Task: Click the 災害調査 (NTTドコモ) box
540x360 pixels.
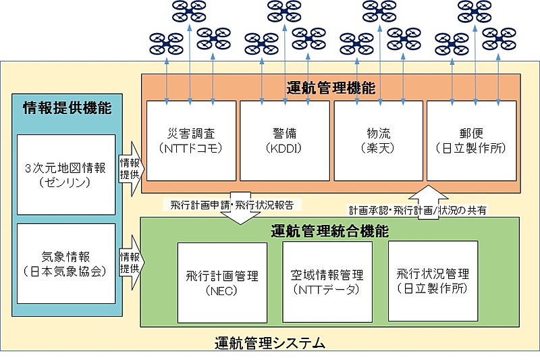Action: (190, 140)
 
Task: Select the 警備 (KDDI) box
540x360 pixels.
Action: (285, 140)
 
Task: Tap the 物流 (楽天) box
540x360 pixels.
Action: (378, 140)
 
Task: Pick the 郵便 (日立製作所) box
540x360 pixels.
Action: (472, 140)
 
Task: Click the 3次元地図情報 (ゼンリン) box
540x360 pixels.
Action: (66, 174)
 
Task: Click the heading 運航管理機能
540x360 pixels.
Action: (331, 88)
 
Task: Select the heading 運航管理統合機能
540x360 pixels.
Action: (330, 230)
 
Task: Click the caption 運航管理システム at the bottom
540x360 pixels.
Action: (269, 343)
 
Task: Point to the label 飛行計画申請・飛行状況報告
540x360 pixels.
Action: (232, 203)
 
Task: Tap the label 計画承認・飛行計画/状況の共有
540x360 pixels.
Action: (416, 210)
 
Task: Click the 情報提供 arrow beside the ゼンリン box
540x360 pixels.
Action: (130, 168)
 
